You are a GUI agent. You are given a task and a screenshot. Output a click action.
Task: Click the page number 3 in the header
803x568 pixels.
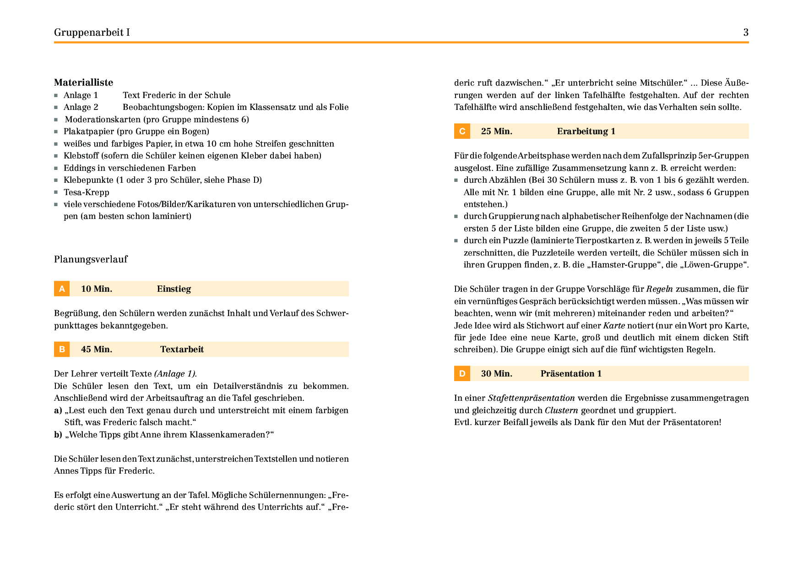coord(746,32)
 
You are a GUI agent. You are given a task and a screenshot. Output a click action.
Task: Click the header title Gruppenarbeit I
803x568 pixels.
coord(92,32)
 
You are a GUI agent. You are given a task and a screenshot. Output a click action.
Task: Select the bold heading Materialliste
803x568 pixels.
coord(83,82)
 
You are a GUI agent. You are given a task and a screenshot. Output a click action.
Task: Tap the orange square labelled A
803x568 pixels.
coord(62,289)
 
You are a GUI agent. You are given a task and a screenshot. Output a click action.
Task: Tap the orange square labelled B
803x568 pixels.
coord(62,349)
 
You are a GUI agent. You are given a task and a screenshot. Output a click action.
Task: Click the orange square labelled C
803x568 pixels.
coord(462,131)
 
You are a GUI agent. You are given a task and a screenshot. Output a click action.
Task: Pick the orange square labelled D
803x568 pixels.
coord(462,373)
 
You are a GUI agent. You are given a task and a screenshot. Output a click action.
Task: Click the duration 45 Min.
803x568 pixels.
coord(97,349)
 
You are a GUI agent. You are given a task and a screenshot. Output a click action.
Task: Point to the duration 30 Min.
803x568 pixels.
coord(497,373)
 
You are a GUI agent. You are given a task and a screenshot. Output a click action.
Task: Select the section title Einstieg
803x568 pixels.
coord(174,289)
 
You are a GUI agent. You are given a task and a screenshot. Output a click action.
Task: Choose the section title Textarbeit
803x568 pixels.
coord(182,349)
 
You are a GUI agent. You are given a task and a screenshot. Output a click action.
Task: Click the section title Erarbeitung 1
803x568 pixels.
coord(586,131)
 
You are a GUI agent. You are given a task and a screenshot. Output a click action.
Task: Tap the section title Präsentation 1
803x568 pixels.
coord(571,373)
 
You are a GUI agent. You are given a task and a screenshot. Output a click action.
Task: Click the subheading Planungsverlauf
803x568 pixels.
coord(91,259)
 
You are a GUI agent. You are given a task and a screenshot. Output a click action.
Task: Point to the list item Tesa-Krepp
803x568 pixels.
coord(87,192)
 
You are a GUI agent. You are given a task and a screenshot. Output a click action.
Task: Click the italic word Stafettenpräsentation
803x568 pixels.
coord(531,398)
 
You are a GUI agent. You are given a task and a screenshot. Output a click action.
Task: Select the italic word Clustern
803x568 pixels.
coord(561,410)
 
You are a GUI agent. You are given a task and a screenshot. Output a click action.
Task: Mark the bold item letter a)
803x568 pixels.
coord(58,410)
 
